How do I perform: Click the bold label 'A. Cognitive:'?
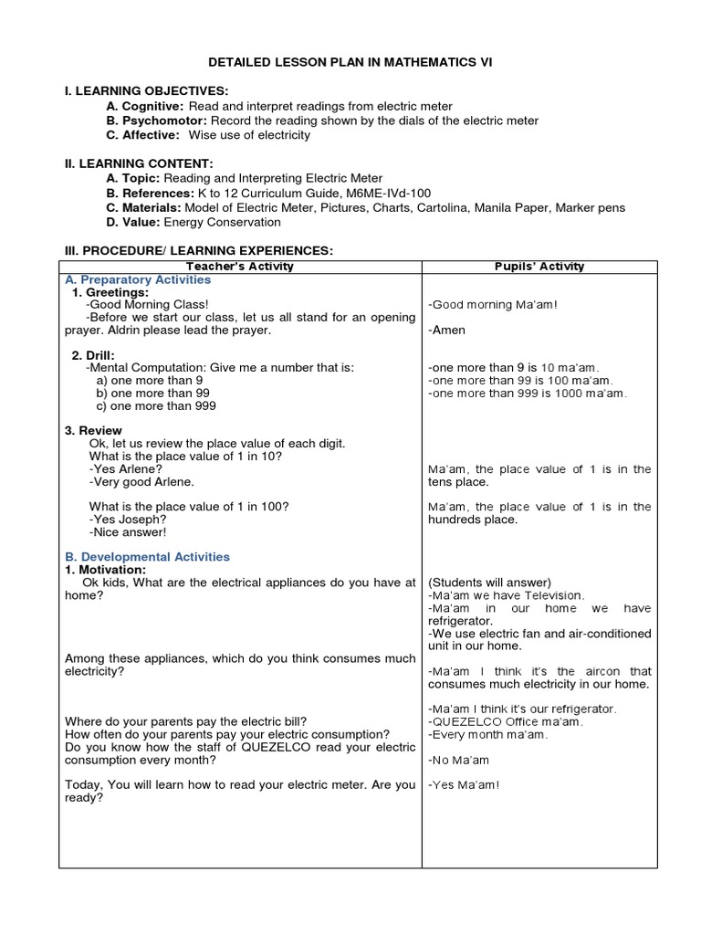[x=145, y=106]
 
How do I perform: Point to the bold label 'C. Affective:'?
[x=145, y=135]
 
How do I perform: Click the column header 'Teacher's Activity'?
[x=239, y=267]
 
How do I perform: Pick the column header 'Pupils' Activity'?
[x=539, y=267]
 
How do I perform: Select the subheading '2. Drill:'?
[x=95, y=354]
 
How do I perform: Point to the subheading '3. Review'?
[x=93, y=430]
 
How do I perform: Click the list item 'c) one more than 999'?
[x=156, y=405]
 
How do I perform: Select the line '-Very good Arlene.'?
[x=141, y=481]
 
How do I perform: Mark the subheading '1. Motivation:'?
[x=105, y=570]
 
